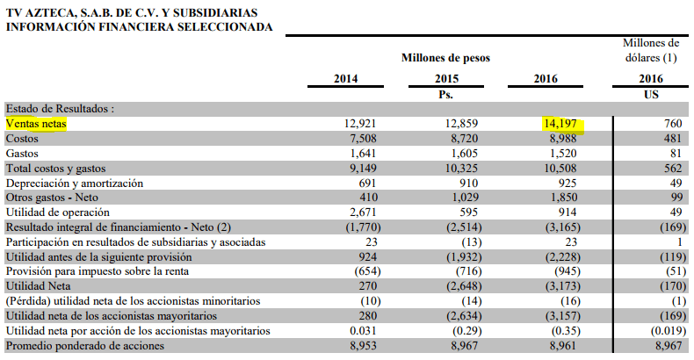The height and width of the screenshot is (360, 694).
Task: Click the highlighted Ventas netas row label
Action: coord(36,124)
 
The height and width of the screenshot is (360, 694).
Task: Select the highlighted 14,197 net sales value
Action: coord(560,124)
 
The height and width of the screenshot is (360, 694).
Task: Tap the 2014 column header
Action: coord(345,79)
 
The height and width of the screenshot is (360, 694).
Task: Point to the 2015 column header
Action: coord(446,79)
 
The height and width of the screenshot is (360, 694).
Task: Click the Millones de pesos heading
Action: coord(445,58)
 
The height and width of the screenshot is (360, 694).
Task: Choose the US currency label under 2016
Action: coord(651,94)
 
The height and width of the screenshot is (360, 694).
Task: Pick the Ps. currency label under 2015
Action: coord(445,95)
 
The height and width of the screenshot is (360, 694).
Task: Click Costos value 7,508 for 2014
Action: coord(363,139)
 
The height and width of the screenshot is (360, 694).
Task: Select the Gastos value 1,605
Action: coord(465,154)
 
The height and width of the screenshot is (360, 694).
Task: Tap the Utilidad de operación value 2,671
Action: coord(363,212)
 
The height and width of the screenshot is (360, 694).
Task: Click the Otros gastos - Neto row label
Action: coord(52,198)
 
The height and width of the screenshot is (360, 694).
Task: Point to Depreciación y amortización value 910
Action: coord(469,184)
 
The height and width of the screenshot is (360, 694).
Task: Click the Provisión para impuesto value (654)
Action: coord(367,271)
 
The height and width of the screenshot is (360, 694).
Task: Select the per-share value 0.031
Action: coord(363,331)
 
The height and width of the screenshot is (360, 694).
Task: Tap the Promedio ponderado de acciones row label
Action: coord(85,346)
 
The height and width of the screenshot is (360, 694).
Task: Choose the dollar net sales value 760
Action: coord(673,124)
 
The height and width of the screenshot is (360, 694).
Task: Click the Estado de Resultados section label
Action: coord(60,109)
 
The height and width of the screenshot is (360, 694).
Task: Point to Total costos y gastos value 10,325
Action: coord(462,169)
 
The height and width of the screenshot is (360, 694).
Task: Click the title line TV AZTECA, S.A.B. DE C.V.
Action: coord(132,13)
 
